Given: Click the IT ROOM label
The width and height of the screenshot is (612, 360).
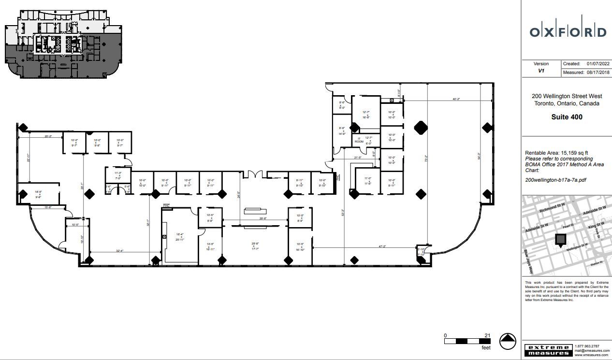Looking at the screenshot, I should (359, 140).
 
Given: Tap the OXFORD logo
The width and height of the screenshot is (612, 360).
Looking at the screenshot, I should (568, 32).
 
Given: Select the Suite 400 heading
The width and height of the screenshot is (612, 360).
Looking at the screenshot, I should (567, 117).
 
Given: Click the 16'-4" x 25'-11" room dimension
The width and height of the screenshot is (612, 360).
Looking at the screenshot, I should (179, 236).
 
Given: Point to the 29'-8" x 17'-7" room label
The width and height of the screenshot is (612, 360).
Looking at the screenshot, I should (255, 246).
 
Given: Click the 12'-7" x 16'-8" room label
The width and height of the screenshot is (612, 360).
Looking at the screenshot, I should (366, 115).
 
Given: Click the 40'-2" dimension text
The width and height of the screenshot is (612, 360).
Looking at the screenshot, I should (456, 99).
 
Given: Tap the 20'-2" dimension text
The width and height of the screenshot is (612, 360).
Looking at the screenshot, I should (48, 136).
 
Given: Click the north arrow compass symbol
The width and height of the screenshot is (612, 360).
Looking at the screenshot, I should (508, 342).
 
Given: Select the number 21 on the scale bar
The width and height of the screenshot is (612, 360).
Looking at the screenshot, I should (487, 335).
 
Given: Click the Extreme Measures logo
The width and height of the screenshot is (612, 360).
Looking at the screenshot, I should (548, 350).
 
